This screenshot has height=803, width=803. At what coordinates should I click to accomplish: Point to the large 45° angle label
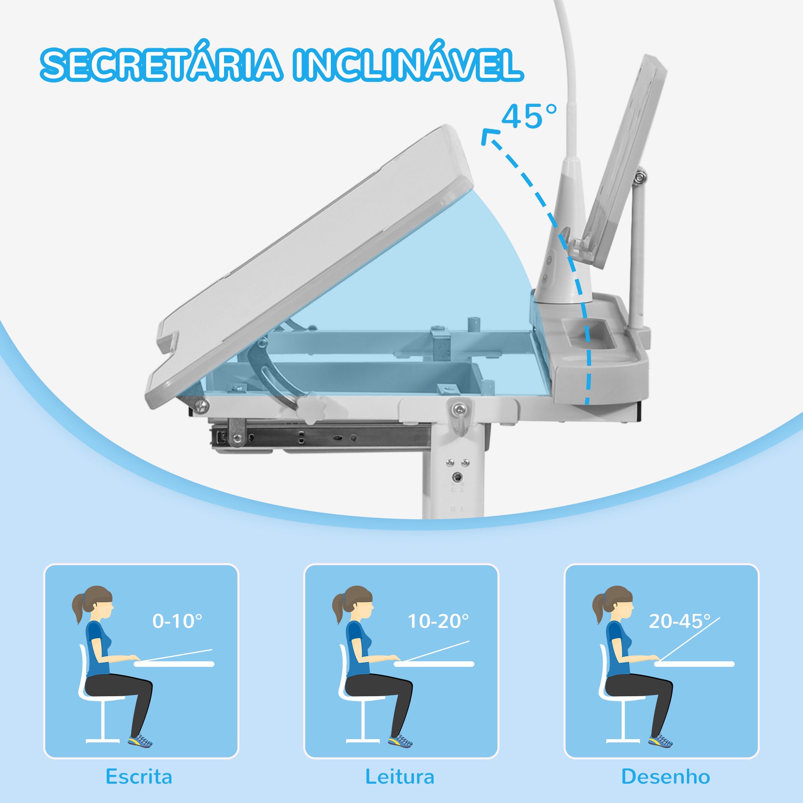click(x=529, y=116)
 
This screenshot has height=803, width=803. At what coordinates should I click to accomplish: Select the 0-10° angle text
click(x=177, y=621)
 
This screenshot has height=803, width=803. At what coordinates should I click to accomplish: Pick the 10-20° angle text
click(x=438, y=621)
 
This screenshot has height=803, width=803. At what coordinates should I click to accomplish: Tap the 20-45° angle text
click(x=679, y=621)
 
